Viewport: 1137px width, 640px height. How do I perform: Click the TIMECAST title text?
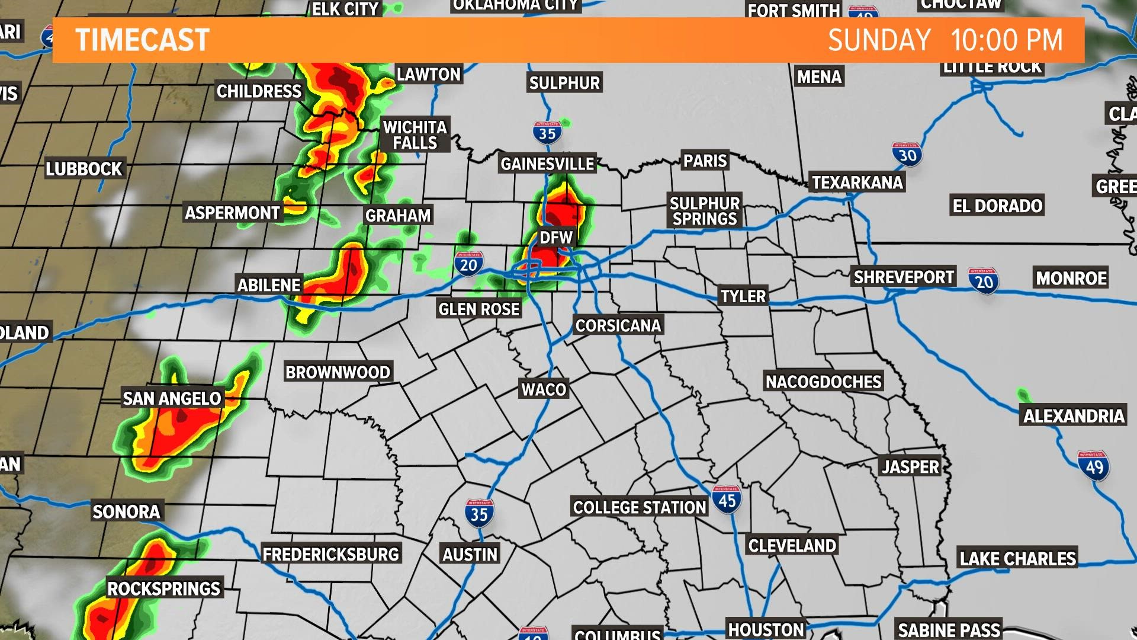[142, 40]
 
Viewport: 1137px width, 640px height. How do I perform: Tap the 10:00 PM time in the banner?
[1007, 40]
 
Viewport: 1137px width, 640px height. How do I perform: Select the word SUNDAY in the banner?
[879, 40]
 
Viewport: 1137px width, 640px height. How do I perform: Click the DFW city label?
[556, 238]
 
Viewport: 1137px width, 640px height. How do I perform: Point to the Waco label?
[544, 389]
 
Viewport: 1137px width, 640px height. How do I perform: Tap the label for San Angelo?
[172, 398]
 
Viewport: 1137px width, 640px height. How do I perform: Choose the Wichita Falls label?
[415, 135]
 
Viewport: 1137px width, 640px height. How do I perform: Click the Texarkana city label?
[857, 183]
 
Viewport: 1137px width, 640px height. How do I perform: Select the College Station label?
[640, 507]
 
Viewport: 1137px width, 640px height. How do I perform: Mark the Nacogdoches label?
[823, 382]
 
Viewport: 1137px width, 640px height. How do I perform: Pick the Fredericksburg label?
[330, 555]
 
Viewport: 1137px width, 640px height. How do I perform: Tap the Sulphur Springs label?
[705, 211]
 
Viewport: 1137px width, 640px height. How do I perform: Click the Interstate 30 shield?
[907, 155]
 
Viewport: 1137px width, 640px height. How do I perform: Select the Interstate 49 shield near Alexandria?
[1093, 466]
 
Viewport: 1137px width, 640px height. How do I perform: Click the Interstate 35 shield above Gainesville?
[547, 133]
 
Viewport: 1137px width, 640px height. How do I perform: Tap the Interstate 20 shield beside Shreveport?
[984, 281]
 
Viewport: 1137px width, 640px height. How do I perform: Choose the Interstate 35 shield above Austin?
[479, 513]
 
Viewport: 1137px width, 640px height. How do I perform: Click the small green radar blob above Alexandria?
[1023, 395]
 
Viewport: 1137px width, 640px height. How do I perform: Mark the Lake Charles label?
[1017, 558]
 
